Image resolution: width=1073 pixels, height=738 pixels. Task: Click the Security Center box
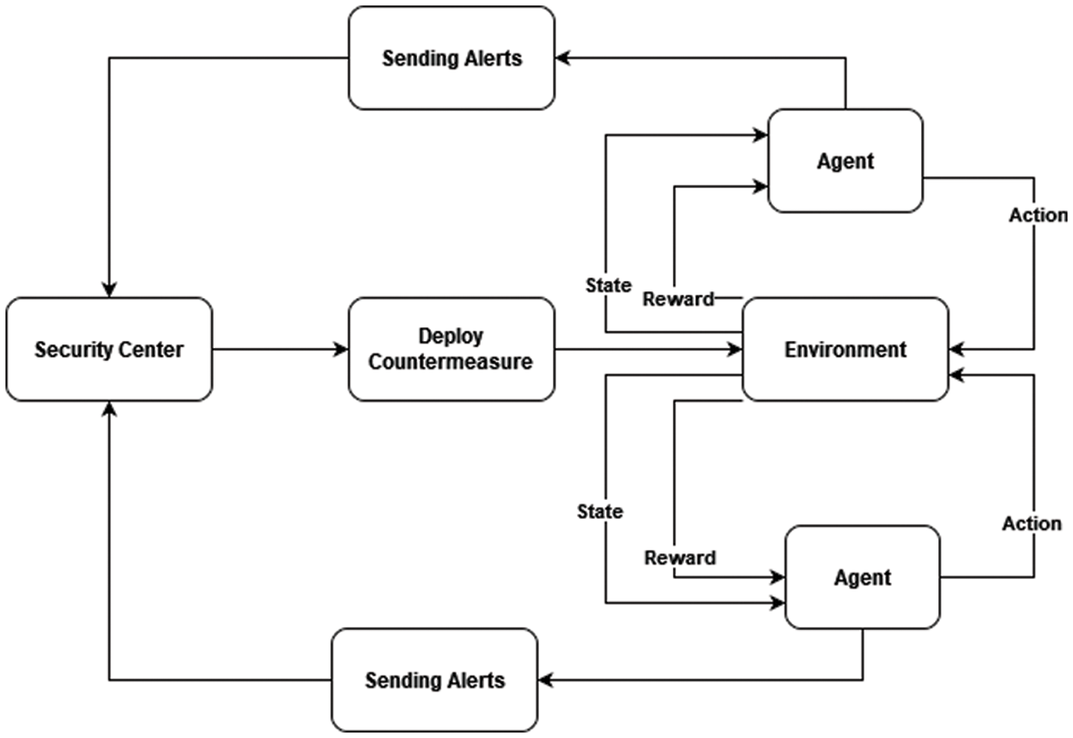108,350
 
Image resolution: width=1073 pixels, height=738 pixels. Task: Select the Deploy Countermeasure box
452,349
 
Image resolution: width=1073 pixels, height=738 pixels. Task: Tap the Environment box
846,349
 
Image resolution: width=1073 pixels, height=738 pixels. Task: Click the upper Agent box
846,161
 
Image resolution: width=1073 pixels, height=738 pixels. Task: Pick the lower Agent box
863,577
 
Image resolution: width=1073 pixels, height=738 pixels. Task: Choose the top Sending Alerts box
452,58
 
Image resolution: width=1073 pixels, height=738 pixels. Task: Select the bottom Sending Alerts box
434,680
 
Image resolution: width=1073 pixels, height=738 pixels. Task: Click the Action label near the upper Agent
1038,215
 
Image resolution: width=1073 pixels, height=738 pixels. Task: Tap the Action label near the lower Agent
1032,523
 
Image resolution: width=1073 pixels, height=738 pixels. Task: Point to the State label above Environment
609,284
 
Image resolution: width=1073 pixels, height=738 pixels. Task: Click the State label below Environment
600,511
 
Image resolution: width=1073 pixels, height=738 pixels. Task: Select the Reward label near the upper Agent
678,299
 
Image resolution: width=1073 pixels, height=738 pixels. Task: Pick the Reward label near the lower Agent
680,558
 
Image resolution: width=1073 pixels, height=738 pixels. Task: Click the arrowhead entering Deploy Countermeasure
343,350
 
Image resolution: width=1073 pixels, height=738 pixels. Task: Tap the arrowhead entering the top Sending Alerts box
561,58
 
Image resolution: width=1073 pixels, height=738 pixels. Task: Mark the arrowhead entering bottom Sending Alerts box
545,680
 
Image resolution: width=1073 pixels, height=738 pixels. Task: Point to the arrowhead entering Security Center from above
109,290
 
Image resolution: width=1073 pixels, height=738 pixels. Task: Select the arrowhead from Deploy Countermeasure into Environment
736,350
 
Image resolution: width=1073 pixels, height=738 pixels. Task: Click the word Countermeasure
452,362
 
